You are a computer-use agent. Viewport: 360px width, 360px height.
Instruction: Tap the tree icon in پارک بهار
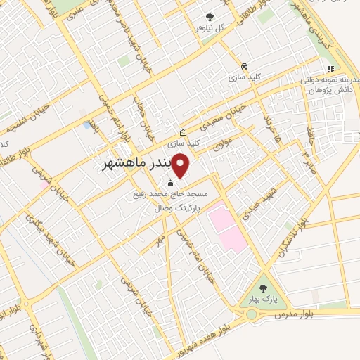point(263,288)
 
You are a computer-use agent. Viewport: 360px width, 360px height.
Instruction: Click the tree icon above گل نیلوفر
point(210,16)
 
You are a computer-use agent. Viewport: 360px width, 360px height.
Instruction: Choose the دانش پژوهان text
point(326,91)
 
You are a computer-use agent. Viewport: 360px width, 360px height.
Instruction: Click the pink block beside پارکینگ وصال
point(226,225)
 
